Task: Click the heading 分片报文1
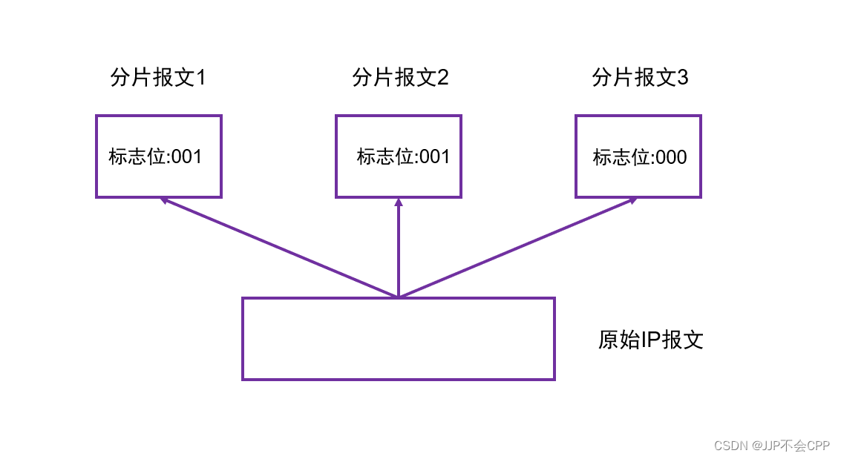click(157, 78)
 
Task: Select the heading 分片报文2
click(400, 78)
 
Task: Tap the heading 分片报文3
click(640, 78)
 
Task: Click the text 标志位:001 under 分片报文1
click(155, 157)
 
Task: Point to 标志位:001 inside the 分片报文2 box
click(403, 157)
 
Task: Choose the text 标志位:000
click(640, 157)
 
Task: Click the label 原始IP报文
click(650, 340)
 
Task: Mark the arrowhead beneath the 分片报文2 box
click(399, 202)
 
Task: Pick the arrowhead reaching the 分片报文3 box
click(632, 200)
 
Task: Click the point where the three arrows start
click(399, 297)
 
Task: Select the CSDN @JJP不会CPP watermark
click(771, 446)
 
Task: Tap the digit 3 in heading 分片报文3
click(682, 78)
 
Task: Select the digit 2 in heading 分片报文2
click(442, 78)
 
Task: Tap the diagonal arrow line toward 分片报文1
click(282, 248)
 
